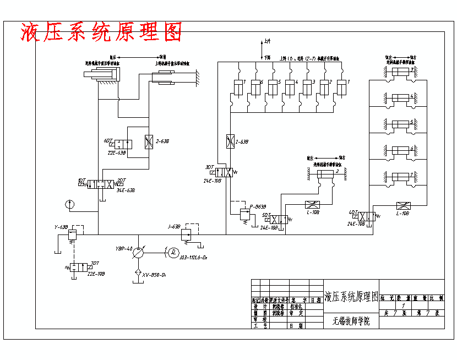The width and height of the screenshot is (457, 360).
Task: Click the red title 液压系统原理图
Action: (x=101, y=32)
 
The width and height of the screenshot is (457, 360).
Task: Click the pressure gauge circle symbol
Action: (x=69, y=205)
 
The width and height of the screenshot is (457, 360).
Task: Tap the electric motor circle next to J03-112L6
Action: (x=173, y=252)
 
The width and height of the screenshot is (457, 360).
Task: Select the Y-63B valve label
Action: (x=61, y=227)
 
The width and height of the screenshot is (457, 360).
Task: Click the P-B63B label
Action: (x=258, y=207)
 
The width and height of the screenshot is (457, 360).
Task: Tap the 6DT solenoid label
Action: (x=108, y=141)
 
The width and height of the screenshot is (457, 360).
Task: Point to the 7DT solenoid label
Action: (x=95, y=263)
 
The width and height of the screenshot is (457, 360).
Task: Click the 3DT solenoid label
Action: (x=209, y=167)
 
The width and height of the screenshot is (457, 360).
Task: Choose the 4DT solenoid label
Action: (x=352, y=212)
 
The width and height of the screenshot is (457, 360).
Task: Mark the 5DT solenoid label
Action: (x=266, y=215)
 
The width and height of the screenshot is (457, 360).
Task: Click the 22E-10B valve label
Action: (x=96, y=273)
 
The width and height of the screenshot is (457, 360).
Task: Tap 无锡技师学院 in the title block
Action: (x=351, y=321)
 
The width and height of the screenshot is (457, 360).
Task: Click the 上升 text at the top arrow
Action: (x=267, y=41)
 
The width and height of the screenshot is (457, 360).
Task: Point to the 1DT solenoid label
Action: (x=81, y=180)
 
